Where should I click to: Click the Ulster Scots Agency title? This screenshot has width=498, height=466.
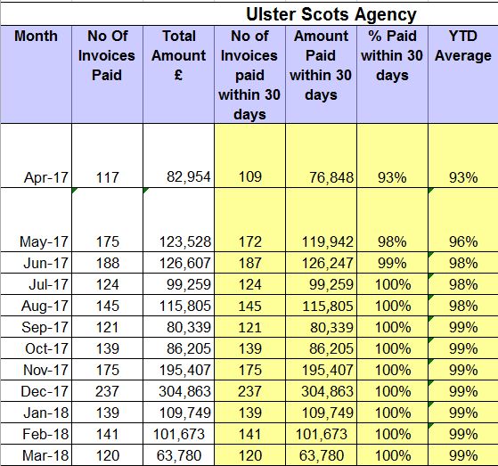331,14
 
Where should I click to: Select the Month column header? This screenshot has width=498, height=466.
36,36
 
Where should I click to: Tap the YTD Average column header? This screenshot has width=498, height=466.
463,45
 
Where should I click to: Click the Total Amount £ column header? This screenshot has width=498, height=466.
179,55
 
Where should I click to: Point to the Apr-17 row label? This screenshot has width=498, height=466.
46,177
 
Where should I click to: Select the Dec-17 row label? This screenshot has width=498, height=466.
45,391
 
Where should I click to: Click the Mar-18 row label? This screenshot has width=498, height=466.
45,455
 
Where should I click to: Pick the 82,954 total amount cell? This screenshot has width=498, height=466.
189,177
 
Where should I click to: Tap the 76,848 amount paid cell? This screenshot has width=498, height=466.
331,177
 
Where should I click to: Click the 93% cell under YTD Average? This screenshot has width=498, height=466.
463,177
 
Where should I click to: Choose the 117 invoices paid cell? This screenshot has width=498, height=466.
107,177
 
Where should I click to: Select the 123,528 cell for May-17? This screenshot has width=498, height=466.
184,241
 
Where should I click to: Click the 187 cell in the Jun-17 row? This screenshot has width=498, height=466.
250,263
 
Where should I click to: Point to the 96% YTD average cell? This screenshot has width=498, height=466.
463,241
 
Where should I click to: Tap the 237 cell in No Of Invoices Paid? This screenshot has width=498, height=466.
107,391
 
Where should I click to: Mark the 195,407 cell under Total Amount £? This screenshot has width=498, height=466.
184,370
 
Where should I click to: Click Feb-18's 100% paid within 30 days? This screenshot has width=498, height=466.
393,434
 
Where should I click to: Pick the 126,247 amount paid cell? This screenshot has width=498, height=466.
328,263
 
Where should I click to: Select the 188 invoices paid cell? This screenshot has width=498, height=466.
107,263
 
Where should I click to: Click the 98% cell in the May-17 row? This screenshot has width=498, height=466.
392,241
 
